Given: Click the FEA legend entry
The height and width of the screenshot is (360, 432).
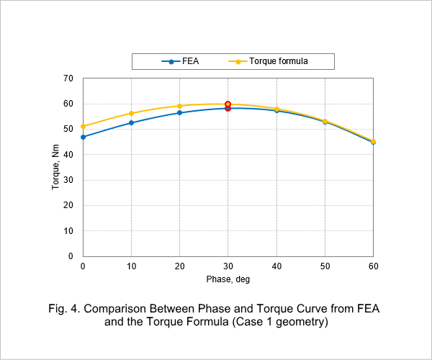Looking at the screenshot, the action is coord(180,61).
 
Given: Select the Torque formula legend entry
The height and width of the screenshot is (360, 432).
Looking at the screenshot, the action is coord(268,61).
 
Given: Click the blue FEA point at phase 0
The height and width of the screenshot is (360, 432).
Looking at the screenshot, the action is coord(83,137).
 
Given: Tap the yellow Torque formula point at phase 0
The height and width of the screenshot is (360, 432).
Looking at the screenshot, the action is coord(83,127).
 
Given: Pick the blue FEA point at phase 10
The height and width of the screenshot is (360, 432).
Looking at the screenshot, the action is coord(132,122).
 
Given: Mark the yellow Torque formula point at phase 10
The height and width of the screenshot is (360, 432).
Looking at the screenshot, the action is coord(132,113).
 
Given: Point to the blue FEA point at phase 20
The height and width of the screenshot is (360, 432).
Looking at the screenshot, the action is coord(179,112).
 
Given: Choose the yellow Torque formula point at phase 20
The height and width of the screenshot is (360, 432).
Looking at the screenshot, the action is coord(179,106).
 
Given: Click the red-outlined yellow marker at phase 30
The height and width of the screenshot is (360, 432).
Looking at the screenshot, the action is coord(228,104).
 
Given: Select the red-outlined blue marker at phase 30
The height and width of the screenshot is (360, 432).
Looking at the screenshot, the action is coord(228,109).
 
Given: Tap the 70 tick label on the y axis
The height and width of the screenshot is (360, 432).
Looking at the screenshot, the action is coord(68,78).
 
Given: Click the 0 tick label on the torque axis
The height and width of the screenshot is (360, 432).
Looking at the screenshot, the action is coord(71,256).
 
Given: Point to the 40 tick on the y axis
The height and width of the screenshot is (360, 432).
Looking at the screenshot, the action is coord(68,155).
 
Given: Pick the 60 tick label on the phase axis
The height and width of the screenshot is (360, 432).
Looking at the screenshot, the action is coord(373,266).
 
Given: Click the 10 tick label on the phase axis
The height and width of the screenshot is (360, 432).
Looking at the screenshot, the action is coord(132,266).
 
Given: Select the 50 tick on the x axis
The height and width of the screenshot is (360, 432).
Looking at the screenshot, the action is coord(325,266).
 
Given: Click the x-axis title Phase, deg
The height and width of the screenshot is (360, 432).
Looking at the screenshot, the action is coord(228,279).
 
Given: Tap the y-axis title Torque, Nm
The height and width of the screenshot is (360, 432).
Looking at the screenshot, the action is coord(55,167).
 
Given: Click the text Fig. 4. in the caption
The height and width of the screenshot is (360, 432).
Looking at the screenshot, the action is coord(64,308).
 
